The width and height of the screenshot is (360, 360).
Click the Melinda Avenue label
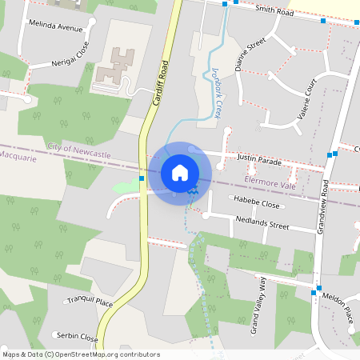55,27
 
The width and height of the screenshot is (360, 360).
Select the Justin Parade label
259,160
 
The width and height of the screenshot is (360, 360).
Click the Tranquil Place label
89,301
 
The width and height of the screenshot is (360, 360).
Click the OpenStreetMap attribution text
81,354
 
